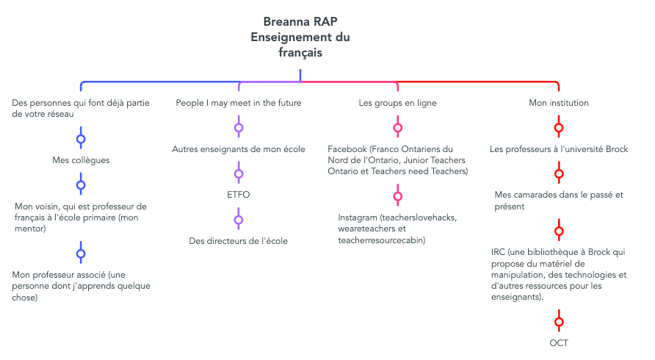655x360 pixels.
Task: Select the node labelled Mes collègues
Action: pos(81,160)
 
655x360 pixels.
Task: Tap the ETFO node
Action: pos(239,195)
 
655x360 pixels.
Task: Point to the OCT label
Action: pos(559,343)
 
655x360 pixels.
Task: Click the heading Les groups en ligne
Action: pos(398,103)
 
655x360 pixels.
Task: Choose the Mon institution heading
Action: pos(559,103)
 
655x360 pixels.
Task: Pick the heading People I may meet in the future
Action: pos(239,103)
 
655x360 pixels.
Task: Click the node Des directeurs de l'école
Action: pos(239,241)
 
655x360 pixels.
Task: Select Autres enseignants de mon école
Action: pos(239,149)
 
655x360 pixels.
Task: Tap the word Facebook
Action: pos(347,149)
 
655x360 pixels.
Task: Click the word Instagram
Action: pos(358,218)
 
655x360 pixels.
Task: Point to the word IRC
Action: pos(499,252)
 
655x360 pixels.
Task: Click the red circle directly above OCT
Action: pos(559,322)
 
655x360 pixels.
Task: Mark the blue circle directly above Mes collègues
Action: pos(81,140)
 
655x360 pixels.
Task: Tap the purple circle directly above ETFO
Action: pos(239,174)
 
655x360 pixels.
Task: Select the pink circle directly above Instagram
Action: pos(398,196)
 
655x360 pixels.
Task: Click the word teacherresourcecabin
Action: pos(380,240)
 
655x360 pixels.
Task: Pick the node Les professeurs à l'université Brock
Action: pos(559,149)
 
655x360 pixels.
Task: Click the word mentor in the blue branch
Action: pos(29,228)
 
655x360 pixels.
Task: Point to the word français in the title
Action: pos(300,53)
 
